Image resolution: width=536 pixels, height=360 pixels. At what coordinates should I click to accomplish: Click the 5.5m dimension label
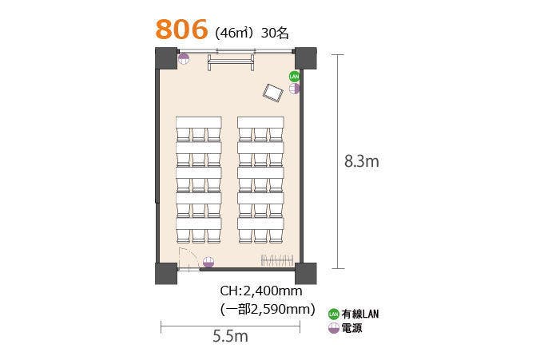(x=230, y=336)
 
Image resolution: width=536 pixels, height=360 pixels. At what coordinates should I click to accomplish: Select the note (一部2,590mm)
(x=267, y=308)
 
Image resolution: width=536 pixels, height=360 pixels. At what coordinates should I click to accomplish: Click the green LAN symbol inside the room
(x=294, y=76)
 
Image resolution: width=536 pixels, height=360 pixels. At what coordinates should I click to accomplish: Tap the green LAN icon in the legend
(x=334, y=314)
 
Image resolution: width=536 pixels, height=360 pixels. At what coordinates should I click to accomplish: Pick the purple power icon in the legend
(x=334, y=327)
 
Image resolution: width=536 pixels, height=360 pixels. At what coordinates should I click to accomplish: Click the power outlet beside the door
(x=208, y=261)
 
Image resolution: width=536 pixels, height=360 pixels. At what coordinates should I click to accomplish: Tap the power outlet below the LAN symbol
(x=294, y=88)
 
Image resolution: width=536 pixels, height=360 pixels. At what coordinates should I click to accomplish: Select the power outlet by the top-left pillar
(x=184, y=57)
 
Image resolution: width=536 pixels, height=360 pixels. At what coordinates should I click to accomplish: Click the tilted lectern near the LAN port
(x=274, y=93)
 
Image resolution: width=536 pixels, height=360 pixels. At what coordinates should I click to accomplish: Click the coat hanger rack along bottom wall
(x=273, y=260)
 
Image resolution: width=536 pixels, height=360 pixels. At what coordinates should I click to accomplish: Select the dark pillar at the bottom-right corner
(x=305, y=273)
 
